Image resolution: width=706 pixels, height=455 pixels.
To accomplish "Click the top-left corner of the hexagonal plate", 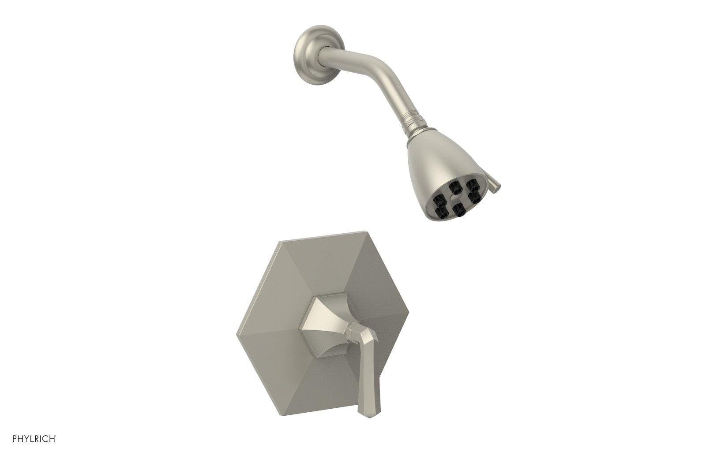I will [276, 241].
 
